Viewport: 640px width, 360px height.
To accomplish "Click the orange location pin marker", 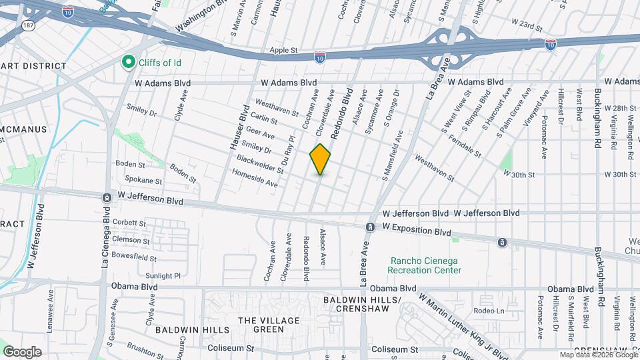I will (320, 159).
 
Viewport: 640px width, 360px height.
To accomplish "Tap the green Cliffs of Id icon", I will (127, 63).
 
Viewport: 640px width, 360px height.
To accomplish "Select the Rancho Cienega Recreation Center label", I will (425, 265).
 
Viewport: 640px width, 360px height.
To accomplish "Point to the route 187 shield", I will (27, 25).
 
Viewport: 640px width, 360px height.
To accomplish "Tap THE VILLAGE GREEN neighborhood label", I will (269, 325).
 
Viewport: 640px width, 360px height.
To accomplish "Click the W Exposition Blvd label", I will (417, 228).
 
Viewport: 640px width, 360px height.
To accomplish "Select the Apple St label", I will (283, 51).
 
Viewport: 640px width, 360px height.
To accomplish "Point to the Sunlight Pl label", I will (163, 275).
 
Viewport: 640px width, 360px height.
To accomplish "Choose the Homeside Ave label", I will (254, 177).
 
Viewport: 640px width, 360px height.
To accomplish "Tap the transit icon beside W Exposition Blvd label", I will (369, 228).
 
